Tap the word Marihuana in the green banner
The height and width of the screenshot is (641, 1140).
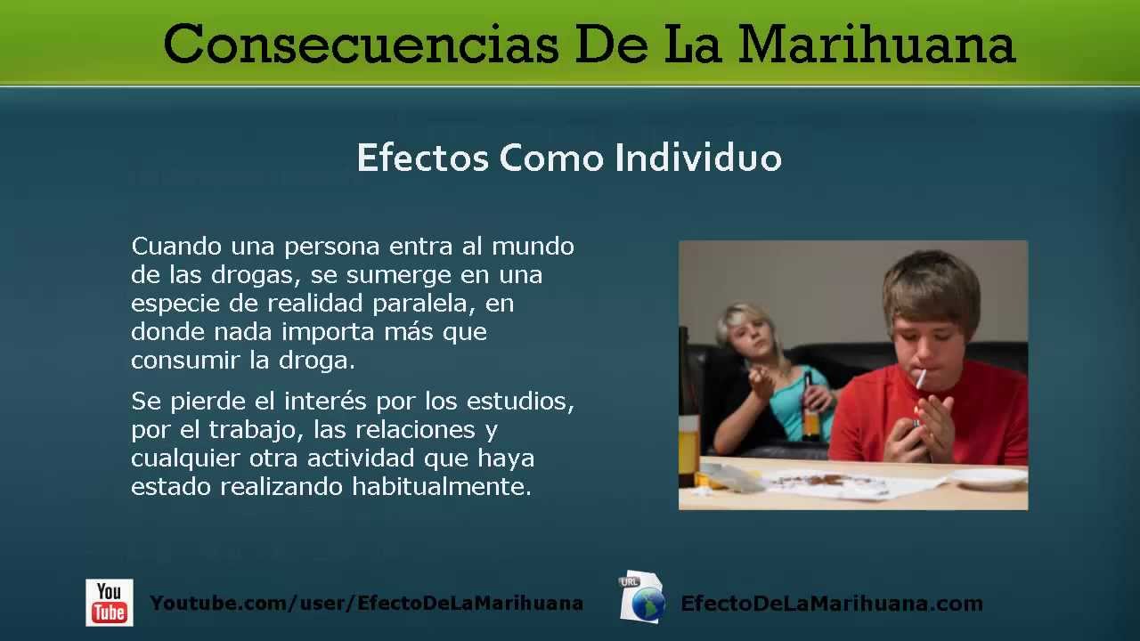coord(877,45)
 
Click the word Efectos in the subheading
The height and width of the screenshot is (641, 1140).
coord(423,158)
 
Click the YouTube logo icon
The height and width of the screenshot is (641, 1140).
coord(110,603)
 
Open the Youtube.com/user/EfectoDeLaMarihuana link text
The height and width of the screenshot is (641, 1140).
coord(367,604)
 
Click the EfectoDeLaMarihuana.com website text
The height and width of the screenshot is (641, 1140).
coord(832,604)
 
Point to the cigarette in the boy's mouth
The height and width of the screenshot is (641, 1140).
coord(921,377)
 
